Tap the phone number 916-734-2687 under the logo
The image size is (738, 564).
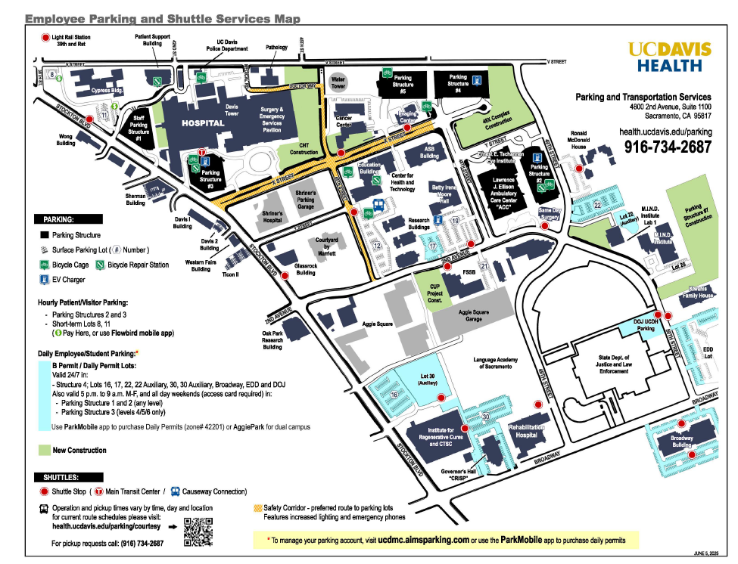click(x=668, y=147)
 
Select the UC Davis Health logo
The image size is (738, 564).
click(x=670, y=57)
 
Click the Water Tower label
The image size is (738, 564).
click(x=338, y=82)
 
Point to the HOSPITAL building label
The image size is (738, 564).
click(x=202, y=123)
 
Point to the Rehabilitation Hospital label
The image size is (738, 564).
click(x=527, y=430)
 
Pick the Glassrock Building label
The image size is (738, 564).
click(x=306, y=269)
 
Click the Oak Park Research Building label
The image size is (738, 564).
click(x=272, y=340)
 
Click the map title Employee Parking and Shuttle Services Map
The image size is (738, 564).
click(x=149, y=17)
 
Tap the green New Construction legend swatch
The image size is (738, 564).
click(x=45, y=450)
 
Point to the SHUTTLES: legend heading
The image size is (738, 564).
click(x=60, y=477)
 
